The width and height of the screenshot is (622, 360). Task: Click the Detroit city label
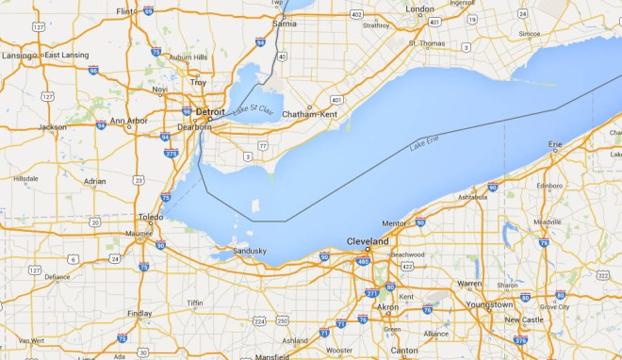[x=210, y=112]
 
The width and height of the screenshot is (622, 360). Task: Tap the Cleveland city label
[x=368, y=242]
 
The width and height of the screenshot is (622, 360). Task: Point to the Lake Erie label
[x=425, y=144]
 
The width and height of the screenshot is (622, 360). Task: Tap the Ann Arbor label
[x=129, y=122]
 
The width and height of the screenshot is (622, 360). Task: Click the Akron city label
[x=387, y=307]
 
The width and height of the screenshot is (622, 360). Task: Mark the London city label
[x=419, y=9]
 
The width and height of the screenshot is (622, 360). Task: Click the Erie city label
[x=556, y=144]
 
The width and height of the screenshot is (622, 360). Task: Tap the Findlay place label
[x=139, y=313]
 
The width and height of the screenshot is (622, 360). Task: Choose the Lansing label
[x=16, y=56]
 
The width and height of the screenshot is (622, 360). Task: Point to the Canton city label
[x=404, y=351]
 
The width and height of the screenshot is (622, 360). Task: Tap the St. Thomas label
[x=425, y=43]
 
